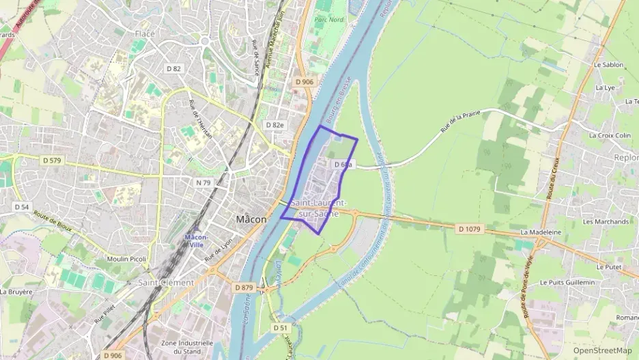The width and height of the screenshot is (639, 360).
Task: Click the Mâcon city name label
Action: tap(250, 220)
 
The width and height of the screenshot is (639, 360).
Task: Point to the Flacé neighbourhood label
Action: tap(145, 33)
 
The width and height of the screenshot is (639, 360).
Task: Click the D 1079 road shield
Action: tap(470, 229)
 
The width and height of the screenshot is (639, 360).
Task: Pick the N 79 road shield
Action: tap(203, 182)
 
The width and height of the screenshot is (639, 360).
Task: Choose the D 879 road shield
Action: tap(244, 288)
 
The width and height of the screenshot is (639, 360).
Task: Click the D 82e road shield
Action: tap(274, 125)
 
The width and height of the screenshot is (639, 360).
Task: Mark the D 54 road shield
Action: tap(22, 206)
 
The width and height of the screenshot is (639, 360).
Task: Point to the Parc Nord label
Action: tap(328, 20)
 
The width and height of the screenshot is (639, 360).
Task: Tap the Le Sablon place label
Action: tap(608, 65)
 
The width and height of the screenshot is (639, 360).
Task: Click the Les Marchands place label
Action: tap(606, 221)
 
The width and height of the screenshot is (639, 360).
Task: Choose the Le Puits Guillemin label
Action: tap(567, 282)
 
